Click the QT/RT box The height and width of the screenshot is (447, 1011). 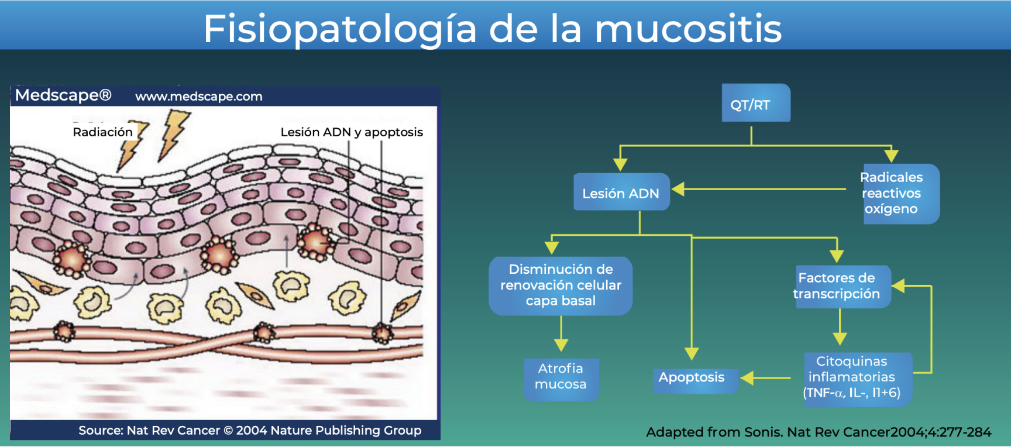[755, 104]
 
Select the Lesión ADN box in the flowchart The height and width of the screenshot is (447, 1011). [621, 192]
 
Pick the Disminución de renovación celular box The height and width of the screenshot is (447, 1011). [560, 286]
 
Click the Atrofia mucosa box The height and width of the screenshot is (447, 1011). [560, 377]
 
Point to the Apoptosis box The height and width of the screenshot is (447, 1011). [694, 378]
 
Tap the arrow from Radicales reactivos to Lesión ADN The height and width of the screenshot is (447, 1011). [761, 189]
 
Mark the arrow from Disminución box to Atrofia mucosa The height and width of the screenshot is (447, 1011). [561, 335]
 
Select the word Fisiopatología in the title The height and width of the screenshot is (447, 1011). [340, 29]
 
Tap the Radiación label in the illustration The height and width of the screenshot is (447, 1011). [103, 132]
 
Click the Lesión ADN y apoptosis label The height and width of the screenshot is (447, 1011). [352, 132]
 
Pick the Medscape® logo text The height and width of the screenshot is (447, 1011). [63, 95]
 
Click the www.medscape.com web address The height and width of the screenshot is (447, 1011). [199, 97]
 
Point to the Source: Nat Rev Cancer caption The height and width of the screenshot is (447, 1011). [250, 431]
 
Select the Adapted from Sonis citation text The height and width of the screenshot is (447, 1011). [819, 432]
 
